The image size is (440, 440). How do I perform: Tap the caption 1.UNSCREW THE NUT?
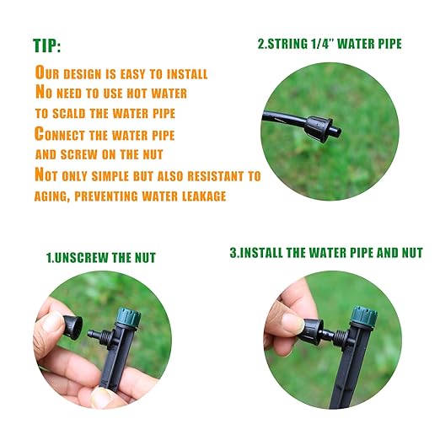point(100,256)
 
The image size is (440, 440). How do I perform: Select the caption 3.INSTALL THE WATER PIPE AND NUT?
point(326,252)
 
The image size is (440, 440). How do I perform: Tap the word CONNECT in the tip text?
point(67,133)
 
